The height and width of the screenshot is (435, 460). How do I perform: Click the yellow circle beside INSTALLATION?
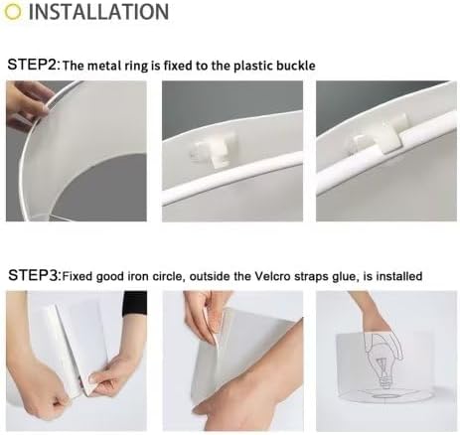coord(13,11)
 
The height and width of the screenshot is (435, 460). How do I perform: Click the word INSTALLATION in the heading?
coord(98,12)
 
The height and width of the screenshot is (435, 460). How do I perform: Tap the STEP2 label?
coord(33,65)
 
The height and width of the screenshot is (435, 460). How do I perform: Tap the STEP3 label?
coord(34,275)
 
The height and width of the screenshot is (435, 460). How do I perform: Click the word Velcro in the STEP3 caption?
coord(272,276)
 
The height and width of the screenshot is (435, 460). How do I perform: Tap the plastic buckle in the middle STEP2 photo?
coord(216,151)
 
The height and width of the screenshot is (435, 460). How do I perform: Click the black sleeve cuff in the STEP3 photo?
coord(134,304)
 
